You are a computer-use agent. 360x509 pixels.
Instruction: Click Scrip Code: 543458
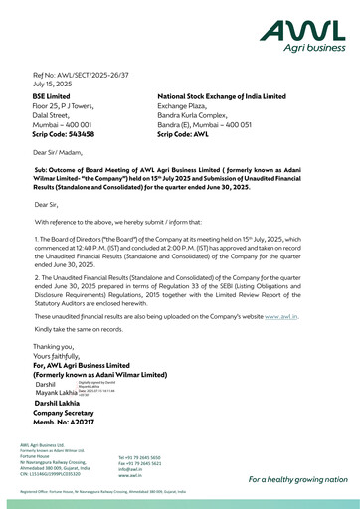click(64, 132)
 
